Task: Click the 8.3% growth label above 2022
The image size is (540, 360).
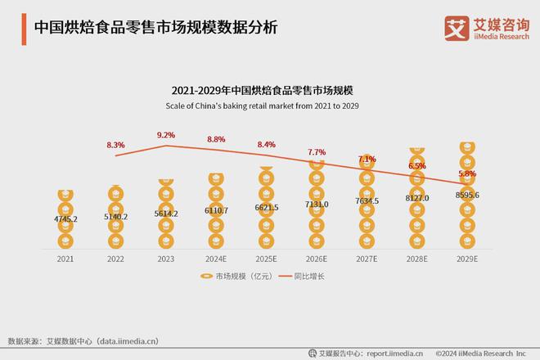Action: (115, 145)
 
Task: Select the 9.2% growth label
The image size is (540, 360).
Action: (166, 135)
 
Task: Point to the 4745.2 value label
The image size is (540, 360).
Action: (65, 219)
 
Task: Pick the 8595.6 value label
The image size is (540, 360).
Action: (466, 195)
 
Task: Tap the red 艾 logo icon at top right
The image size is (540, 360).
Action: (455, 27)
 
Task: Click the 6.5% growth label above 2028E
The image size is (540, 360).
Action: (416, 165)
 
